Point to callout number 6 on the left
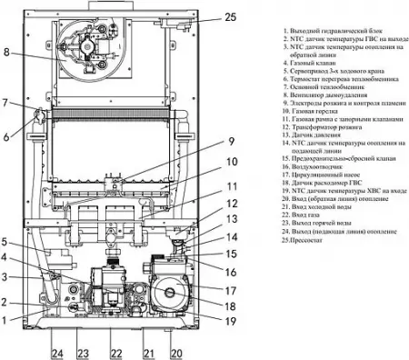click(8, 136)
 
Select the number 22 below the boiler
click(115, 352)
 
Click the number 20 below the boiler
click(176, 352)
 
